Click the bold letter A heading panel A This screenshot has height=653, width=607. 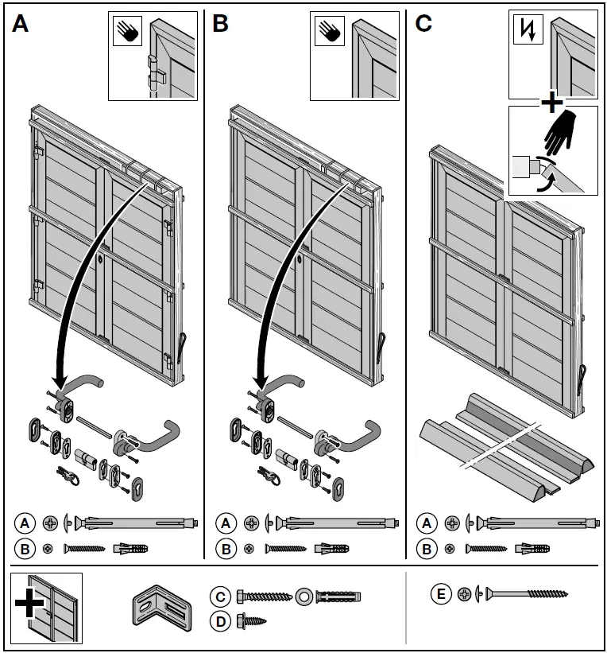[x=21, y=25]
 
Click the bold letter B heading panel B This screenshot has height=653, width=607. [x=221, y=25]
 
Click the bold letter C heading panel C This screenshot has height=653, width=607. [x=423, y=25]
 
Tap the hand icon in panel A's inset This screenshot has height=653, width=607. [x=126, y=33]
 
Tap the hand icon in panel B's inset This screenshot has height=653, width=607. [x=328, y=33]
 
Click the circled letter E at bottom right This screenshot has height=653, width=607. [x=440, y=593]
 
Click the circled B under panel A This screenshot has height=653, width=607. [x=25, y=548]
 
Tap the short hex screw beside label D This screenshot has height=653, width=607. [x=251, y=620]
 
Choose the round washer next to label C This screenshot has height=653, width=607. [x=303, y=596]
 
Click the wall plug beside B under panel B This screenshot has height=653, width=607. [x=331, y=548]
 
